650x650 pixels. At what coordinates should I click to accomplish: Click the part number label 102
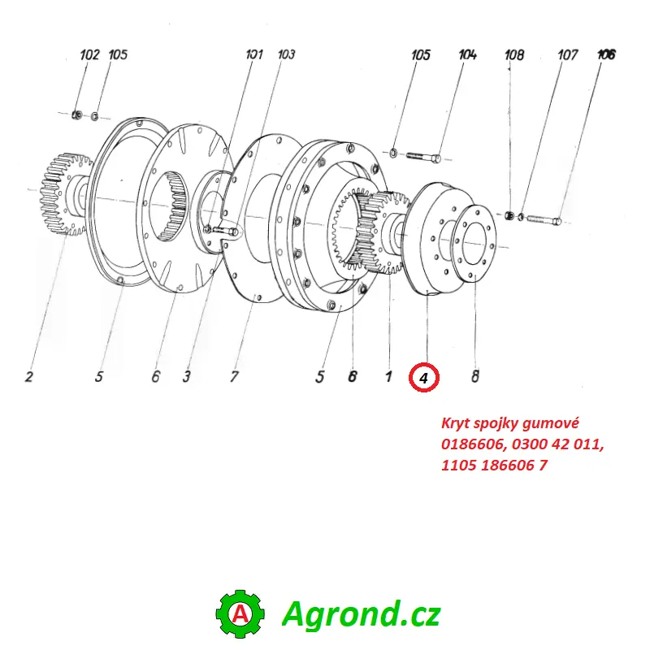[89, 55]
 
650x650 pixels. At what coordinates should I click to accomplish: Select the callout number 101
[254, 55]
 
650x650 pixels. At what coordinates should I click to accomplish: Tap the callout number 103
[286, 55]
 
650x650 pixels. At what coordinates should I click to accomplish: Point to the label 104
[467, 55]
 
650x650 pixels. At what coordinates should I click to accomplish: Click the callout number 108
[514, 55]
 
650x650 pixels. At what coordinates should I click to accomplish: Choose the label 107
[567, 55]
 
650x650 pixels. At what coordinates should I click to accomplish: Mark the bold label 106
[606, 55]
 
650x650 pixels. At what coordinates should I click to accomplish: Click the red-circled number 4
[424, 377]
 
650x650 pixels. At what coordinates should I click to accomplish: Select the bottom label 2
[28, 377]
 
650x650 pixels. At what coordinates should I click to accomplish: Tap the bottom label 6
[155, 377]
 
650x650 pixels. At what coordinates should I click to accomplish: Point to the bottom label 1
[388, 377]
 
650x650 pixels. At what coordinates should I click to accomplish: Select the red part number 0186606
[470, 444]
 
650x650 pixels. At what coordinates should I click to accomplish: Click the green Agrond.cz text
[361, 614]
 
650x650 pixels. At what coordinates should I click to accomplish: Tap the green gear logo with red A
[240, 614]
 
